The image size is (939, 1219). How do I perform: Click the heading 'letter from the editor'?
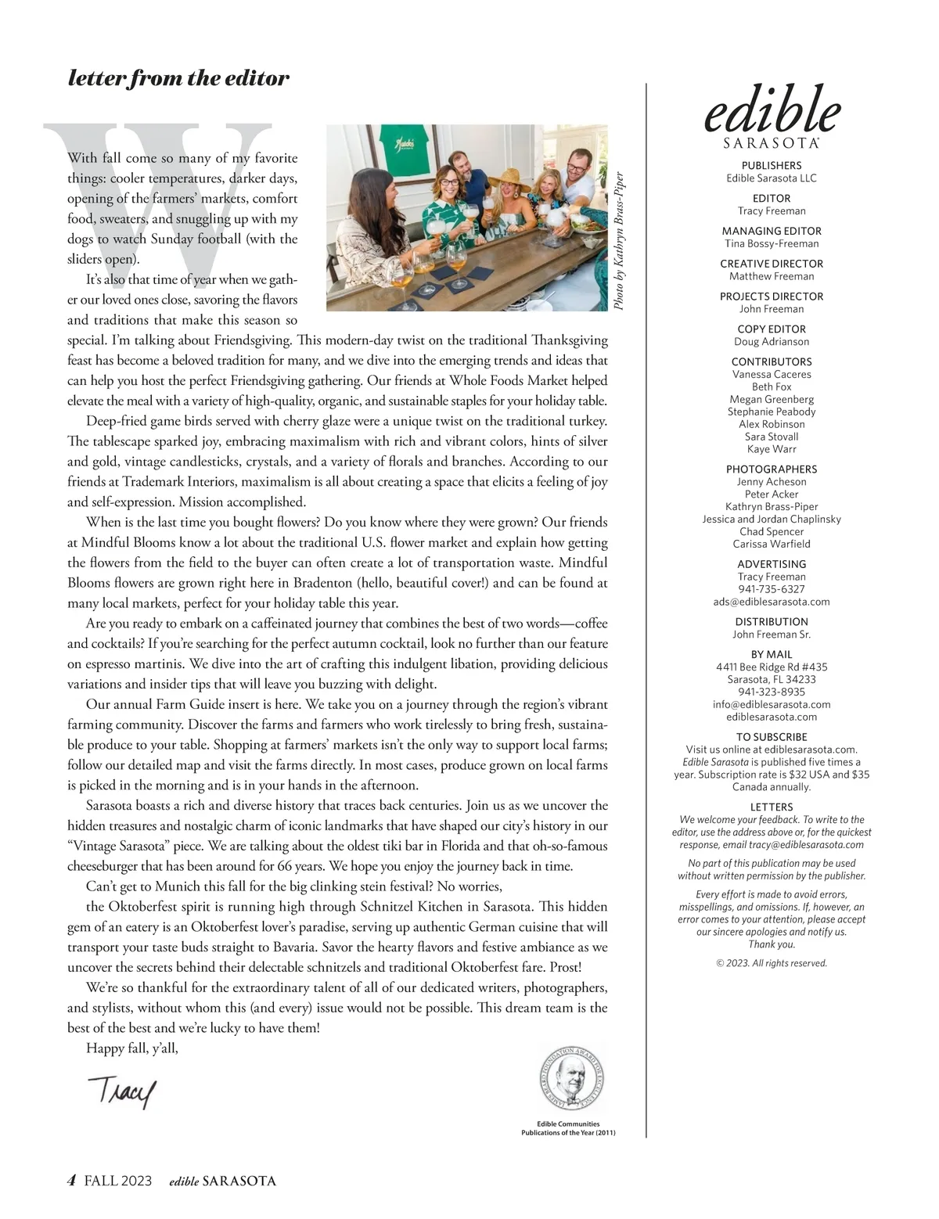pos(178,78)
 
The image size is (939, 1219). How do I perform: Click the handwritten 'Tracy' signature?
pos(122,1090)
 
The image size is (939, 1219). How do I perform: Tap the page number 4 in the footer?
pos(71,1181)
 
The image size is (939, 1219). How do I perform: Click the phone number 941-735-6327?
pos(772,589)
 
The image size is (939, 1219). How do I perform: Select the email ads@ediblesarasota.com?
pos(772,602)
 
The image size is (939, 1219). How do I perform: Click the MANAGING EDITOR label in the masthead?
pos(772,231)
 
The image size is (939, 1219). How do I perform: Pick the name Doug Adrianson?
pos(772,342)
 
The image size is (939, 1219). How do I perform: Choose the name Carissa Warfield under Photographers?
pos(772,544)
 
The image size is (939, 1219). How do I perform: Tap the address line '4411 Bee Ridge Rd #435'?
pos(772,667)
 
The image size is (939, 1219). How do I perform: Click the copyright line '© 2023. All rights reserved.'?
pos(772,963)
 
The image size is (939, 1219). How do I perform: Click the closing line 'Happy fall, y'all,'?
pos(132,1048)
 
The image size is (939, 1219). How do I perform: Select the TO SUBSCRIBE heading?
pos(772,737)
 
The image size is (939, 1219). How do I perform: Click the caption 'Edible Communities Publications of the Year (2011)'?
pos(569,1128)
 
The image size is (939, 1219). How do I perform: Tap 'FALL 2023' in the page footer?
pos(118,1181)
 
